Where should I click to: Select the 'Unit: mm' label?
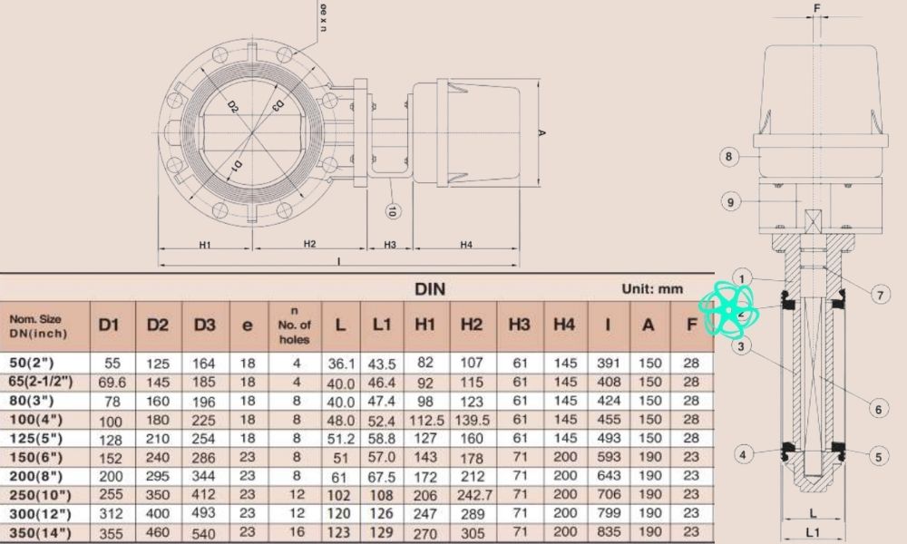(651, 289)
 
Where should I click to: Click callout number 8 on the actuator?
(727, 157)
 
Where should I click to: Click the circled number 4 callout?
(744, 454)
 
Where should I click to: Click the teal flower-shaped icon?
(727, 309)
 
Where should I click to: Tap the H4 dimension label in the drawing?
(465, 244)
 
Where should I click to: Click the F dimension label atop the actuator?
(816, 8)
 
